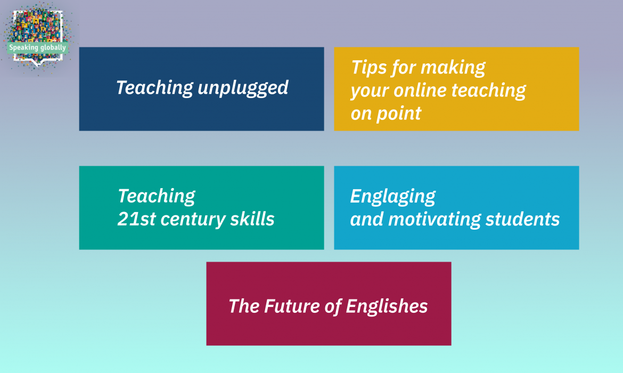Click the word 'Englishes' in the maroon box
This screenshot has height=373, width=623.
(387, 306)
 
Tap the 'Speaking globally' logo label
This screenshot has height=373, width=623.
(37, 48)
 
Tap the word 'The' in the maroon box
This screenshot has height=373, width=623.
(244, 306)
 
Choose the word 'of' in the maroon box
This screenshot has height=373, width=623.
(333, 306)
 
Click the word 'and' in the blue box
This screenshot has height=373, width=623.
(367, 219)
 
